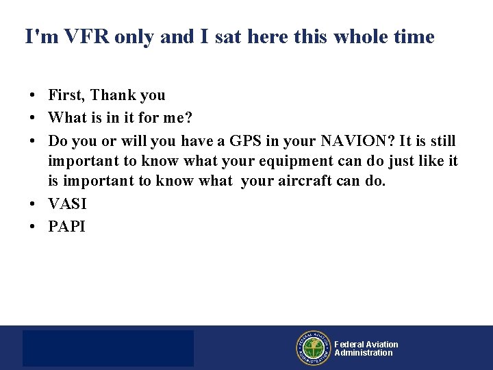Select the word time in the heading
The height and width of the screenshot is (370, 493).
pyautogui.click(x=414, y=36)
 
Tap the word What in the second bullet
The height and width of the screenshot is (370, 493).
pyautogui.click(x=68, y=117)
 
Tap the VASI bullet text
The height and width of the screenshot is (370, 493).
pyautogui.click(x=67, y=203)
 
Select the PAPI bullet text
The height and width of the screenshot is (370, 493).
pyautogui.click(x=66, y=226)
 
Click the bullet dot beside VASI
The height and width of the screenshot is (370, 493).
pyautogui.click(x=32, y=204)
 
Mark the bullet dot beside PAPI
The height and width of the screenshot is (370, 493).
pyautogui.click(x=32, y=227)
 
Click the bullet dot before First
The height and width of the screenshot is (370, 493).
pyautogui.click(x=32, y=95)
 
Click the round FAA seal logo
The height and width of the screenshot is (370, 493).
pyautogui.click(x=314, y=348)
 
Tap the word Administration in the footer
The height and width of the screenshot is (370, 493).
pyautogui.click(x=364, y=353)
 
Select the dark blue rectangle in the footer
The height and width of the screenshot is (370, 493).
pyautogui.click(x=108, y=348)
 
